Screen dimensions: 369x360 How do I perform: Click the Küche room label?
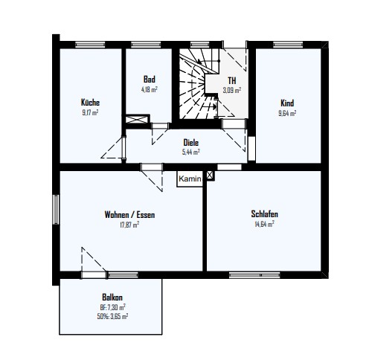(x=90, y=103)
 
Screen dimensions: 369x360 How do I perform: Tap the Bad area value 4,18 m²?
(x=150, y=89)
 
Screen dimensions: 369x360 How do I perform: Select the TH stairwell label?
(x=232, y=80)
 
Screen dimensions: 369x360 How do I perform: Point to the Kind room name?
(x=287, y=103)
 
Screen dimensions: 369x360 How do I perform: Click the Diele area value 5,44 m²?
(x=191, y=152)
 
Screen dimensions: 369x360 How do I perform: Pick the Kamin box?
(x=190, y=179)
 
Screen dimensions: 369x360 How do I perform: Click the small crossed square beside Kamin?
(x=210, y=176)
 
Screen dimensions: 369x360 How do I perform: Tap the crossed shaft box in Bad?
(x=137, y=120)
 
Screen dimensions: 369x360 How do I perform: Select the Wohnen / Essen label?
(x=129, y=214)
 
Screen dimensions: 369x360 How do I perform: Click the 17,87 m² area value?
(x=129, y=225)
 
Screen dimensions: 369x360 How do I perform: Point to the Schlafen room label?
(x=264, y=213)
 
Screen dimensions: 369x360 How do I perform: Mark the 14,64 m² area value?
(x=264, y=224)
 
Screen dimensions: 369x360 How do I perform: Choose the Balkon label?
(x=112, y=297)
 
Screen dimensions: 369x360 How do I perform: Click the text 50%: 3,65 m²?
(x=112, y=316)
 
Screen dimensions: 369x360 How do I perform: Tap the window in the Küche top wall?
(x=90, y=45)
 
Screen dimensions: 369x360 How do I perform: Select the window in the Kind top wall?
(x=288, y=45)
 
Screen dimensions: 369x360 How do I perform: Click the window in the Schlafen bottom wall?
(x=254, y=275)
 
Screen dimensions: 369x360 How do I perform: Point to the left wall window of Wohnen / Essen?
(x=56, y=210)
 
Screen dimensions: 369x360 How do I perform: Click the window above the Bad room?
(x=146, y=45)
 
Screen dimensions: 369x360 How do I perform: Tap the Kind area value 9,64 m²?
(x=287, y=113)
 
